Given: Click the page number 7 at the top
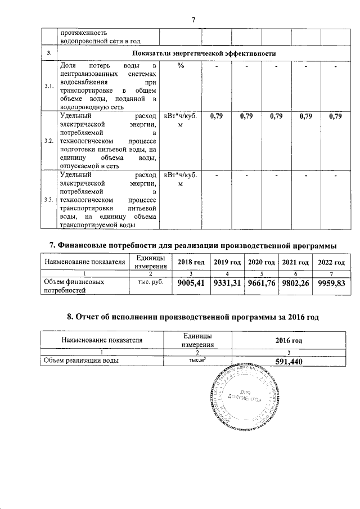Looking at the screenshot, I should pyautogui.click(x=193, y=20).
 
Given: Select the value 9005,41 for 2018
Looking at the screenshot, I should pyautogui.click(x=191, y=283).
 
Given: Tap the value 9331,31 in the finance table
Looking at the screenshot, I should pyautogui.click(x=227, y=283).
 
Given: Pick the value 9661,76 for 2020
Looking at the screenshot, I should pyautogui.click(x=263, y=283).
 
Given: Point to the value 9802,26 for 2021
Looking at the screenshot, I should pyautogui.click(x=298, y=283).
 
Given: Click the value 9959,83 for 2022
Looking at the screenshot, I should pyautogui.click(x=333, y=283).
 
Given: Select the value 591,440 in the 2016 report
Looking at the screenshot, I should pyautogui.click(x=289, y=362).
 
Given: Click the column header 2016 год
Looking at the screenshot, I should pyautogui.click(x=289, y=341).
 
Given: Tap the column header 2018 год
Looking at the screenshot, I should pyautogui.click(x=191, y=263).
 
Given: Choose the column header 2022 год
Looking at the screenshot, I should pyautogui.click(x=333, y=263).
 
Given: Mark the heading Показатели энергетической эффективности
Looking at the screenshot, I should pyautogui.click(x=203, y=53).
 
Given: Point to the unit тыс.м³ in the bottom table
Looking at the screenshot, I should pyautogui.click(x=192, y=361).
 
